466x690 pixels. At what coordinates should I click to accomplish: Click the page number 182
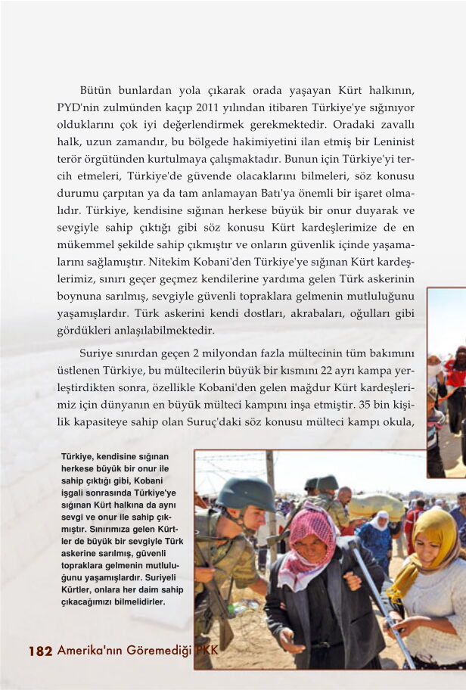(40, 651)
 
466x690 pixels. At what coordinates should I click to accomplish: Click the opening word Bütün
(95, 91)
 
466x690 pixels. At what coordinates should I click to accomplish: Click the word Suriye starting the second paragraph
(97, 353)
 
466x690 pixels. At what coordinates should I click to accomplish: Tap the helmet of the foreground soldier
(245, 493)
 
